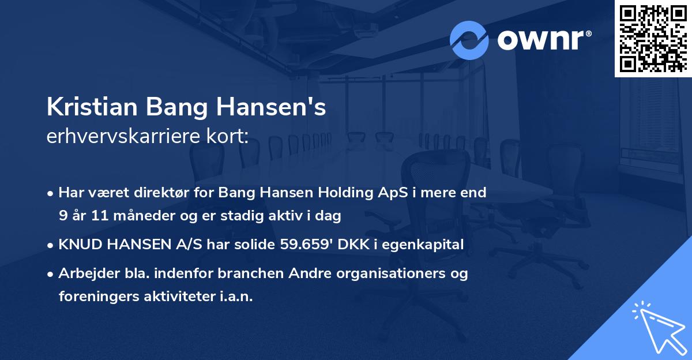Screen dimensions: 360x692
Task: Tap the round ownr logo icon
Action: tap(469, 40)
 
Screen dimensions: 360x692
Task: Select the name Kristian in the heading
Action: tap(92, 108)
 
